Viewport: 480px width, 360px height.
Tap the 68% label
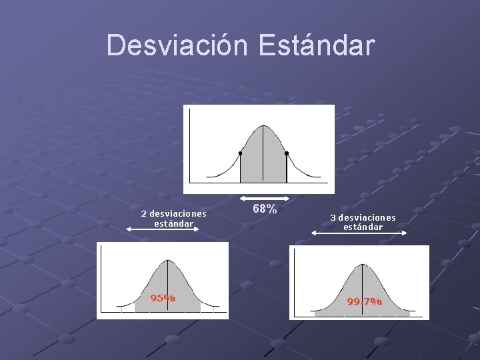click(x=265, y=209)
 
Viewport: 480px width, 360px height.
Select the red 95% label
click(x=163, y=298)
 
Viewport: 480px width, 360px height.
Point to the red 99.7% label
click(x=364, y=301)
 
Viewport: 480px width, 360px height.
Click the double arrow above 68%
click(x=265, y=198)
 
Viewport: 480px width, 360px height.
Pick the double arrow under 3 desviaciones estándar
click(x=360, y=233)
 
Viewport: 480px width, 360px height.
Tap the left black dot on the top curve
click(x=240, y=153)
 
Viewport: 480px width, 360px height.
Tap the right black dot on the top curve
click(x=287, y=153)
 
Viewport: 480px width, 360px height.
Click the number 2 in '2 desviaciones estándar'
click(x=143, y=214)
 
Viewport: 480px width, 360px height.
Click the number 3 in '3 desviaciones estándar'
click(x=333, y=218)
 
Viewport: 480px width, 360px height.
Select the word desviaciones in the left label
click(x=178, y=214)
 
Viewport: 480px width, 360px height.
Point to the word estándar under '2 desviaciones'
click(x=173, y=223)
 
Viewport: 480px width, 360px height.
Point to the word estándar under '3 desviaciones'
click(x=363, y=227)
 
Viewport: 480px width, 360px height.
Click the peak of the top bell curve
click(x=263, y=126)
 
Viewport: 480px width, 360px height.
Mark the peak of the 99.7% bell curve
click(x=362, y=265)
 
